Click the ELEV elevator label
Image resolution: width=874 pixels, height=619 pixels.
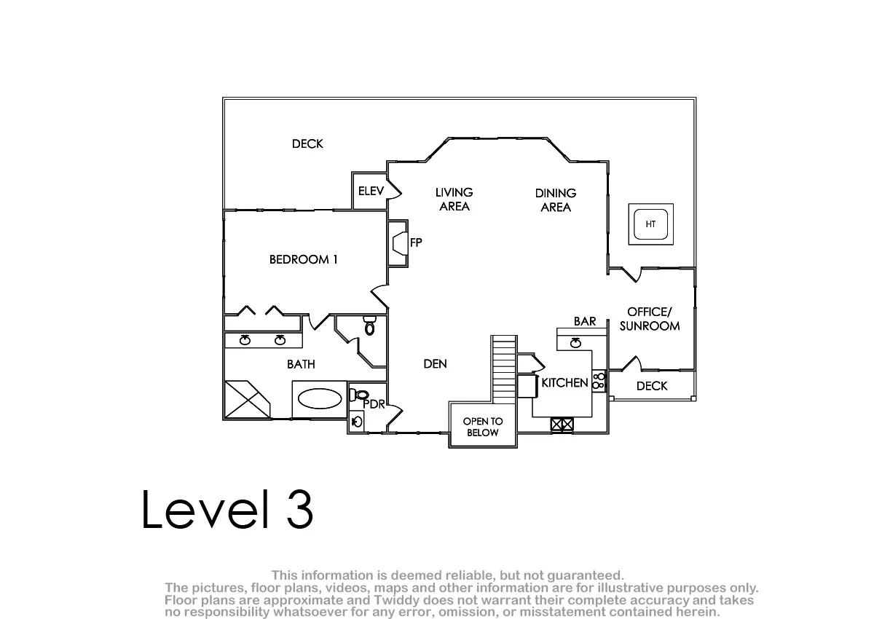[371, 191]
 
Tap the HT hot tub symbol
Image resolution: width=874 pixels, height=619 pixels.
[651, 224]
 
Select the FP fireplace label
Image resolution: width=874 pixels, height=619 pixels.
[416, 243]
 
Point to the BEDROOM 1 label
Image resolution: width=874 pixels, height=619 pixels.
[303, 259]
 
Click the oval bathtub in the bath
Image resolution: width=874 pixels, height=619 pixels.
[320, 398]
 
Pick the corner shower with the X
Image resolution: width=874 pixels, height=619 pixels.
[247, 399]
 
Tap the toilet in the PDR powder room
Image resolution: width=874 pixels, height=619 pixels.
[359, 395]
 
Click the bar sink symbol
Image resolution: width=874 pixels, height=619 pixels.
[575, 343]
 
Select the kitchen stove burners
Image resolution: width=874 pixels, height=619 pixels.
[599, 381]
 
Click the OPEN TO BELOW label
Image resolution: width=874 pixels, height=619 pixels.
[483, 427]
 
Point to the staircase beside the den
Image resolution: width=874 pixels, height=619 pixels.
[504, 369]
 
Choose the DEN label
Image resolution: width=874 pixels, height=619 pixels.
[435, 364]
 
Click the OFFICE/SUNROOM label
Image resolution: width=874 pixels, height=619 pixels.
[650, 319]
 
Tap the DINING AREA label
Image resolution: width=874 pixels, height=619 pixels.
[556, 200]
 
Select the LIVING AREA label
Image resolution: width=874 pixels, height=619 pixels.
[454, 200]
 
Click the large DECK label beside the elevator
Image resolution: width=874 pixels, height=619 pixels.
[307, 144]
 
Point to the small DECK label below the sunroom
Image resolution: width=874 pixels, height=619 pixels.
[652, 386]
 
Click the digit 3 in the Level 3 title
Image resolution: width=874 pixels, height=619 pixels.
[300, 509]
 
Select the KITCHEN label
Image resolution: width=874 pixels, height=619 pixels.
[564, 383]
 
